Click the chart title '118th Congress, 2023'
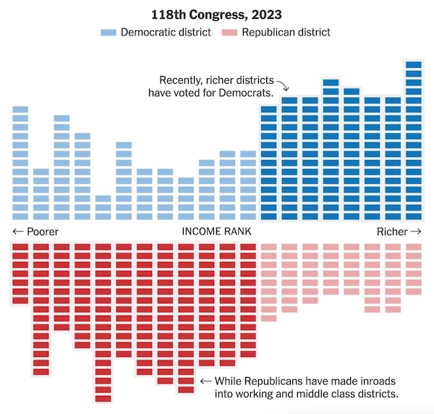click(216, 14)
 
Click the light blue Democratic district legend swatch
click(109, 33)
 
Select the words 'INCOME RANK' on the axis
click(216, 232)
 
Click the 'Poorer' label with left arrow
click(35, 232)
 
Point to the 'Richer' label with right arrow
click(398, 232)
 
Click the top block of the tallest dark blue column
click(414, 65)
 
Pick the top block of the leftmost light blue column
click(20, 109)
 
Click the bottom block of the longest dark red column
click(103, 397)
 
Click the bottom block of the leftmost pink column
click(269, 318)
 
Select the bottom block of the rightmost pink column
click(414, 292)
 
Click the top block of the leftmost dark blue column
click(269, 109)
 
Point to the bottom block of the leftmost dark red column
click(20, 300)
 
